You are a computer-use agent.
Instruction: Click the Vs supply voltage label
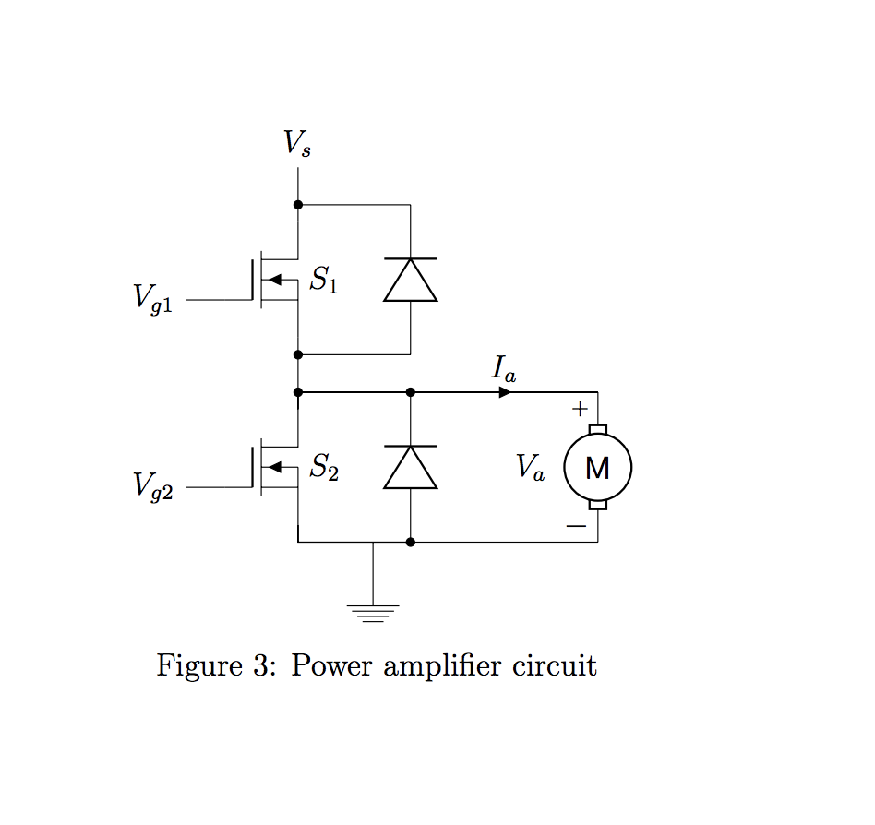tap(297, 143)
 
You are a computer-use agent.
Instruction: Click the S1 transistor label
tap(323, 281)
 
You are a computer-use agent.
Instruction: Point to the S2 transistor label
tap(323, 468)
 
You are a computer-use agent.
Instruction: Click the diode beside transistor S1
tap(410, 280)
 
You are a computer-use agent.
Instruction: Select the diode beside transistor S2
tap(410, 466)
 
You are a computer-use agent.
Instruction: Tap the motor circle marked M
tap(597, 468)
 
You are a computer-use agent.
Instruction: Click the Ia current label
tap(503, 369)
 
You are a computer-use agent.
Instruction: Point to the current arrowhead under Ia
tap(504, 392)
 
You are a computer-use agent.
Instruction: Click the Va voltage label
tap(531, 468)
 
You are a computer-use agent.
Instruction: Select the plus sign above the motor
tap(579, 408)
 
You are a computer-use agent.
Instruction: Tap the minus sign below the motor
tap(576, 526)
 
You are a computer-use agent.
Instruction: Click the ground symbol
tap(372, 612)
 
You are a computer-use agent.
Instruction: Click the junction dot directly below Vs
tap(298, 205)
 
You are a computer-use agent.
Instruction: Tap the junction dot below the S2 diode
tap(410, 542)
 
